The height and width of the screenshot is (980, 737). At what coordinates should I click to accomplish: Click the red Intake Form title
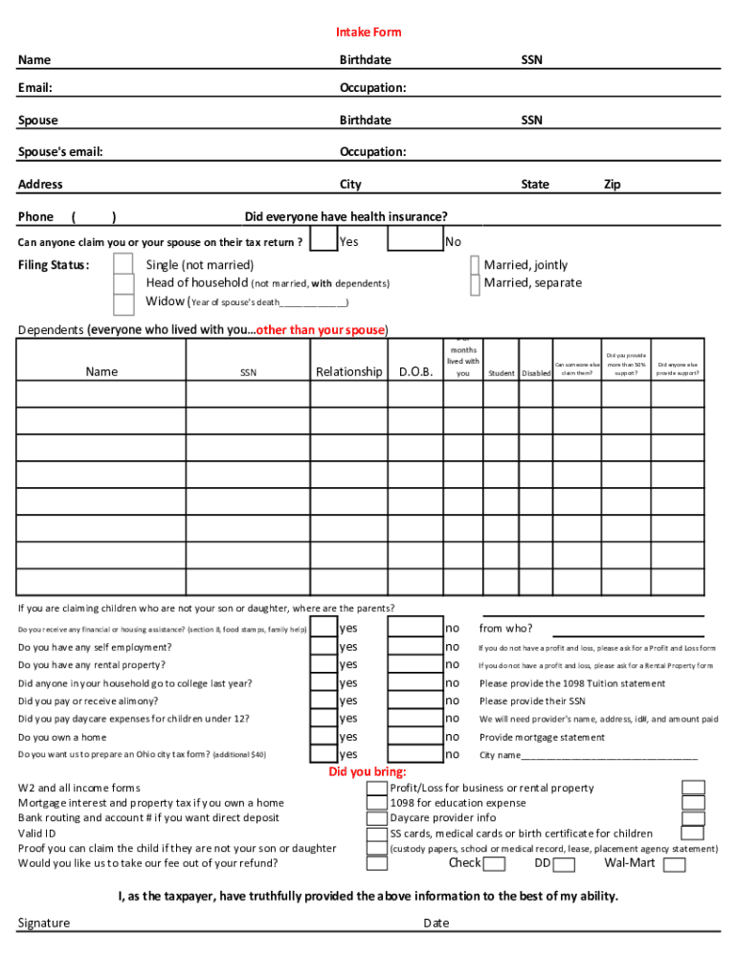368,33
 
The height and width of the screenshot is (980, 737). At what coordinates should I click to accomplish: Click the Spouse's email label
60,152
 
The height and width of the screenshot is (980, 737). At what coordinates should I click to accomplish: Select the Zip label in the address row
611,184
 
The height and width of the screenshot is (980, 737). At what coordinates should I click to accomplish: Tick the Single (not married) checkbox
123,264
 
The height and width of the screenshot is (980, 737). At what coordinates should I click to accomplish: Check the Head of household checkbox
123,283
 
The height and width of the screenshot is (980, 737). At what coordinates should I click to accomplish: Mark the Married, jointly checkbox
475,265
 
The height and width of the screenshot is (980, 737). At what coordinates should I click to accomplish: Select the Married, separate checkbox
475,283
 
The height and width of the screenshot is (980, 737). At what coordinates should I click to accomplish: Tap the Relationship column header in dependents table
348,371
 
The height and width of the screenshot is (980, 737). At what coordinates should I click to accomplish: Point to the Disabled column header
535,373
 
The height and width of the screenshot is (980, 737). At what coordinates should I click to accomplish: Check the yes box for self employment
324,647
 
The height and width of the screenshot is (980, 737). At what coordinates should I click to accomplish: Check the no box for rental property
413,664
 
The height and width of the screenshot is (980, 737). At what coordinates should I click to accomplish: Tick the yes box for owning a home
324,737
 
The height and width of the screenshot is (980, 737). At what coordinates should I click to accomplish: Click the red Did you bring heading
368,772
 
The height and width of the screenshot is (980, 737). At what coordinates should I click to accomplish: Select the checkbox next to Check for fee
494,865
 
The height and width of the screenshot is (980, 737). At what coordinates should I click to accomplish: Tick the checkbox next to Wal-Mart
675,865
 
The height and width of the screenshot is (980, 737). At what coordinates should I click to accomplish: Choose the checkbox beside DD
564,865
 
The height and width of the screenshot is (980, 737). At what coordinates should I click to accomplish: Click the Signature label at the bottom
44,924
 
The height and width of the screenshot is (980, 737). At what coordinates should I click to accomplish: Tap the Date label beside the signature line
436,924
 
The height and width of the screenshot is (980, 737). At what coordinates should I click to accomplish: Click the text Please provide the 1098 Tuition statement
571,683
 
